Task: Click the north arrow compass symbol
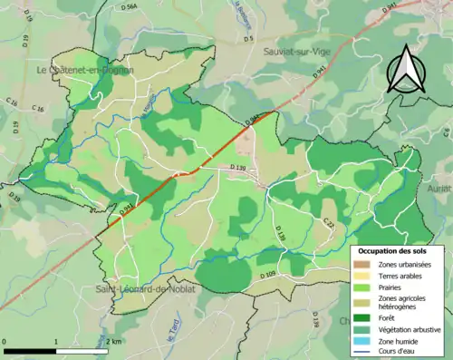pos(409,67)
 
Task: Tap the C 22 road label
pos(329,223)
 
